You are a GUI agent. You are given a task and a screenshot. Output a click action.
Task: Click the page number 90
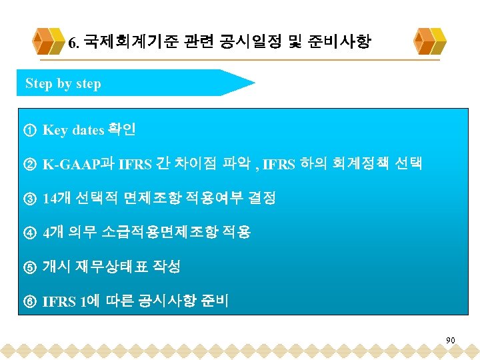[x=451, y=341]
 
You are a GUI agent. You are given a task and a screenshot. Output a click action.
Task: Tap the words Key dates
[x=73, y=130]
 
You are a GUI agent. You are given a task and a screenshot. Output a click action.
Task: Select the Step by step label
[x=63, y=84]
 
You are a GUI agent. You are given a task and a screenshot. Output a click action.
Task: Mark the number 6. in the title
[x=74, y=45]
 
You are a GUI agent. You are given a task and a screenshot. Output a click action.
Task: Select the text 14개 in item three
[x=57, y=199]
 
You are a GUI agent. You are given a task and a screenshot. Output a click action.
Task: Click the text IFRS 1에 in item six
[x=71, y=302]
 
